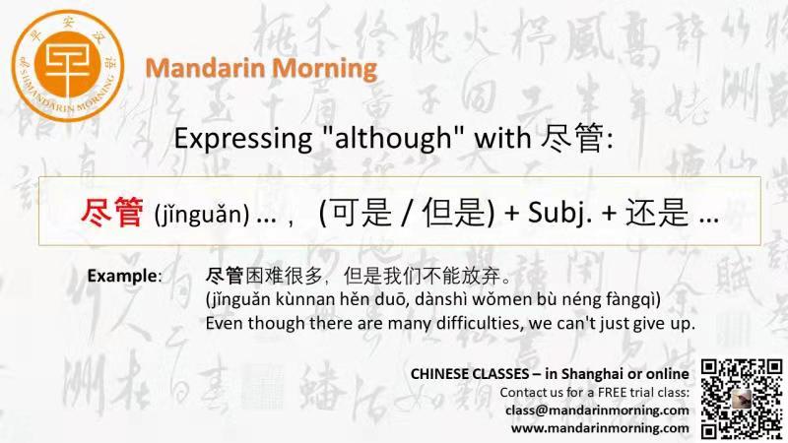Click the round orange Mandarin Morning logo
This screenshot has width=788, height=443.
(67, 66)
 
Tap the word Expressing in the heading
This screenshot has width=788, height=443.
(242, 139)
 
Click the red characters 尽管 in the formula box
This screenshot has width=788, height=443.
(112, 213)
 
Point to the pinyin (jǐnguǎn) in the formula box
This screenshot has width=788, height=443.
(202, 215)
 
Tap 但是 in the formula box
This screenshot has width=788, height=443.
(453, 213)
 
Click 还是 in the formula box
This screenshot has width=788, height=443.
(657, 213)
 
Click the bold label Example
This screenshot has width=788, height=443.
(122, 276)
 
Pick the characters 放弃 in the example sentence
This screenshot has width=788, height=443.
(481, 276)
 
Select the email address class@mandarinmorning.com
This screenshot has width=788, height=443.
(597, 411)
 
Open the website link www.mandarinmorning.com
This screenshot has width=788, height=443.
(600, 428)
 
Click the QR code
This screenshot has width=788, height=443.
(742, 399)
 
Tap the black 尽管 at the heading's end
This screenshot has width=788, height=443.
(572, 138)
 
